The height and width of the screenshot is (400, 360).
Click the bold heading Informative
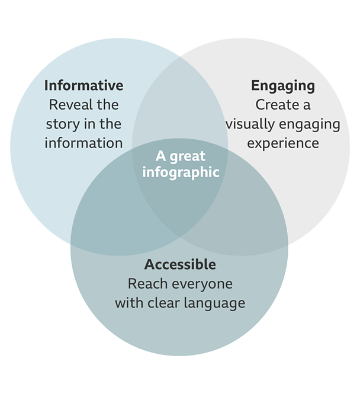click(x=83, y=85)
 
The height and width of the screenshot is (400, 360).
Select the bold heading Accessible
click(x=180, y=264)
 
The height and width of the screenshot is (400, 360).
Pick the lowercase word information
click(x=83, y=143)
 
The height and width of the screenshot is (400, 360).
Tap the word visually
click(x=250, y=124)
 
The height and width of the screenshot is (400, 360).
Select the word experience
click(x=283, y=143)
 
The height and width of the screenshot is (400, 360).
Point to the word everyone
click(x=200, y=284)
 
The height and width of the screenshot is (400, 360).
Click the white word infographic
click(x=181, y=172)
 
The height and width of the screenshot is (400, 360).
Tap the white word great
click(x=187, y=156)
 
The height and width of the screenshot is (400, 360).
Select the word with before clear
click(x=129, y=303)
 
